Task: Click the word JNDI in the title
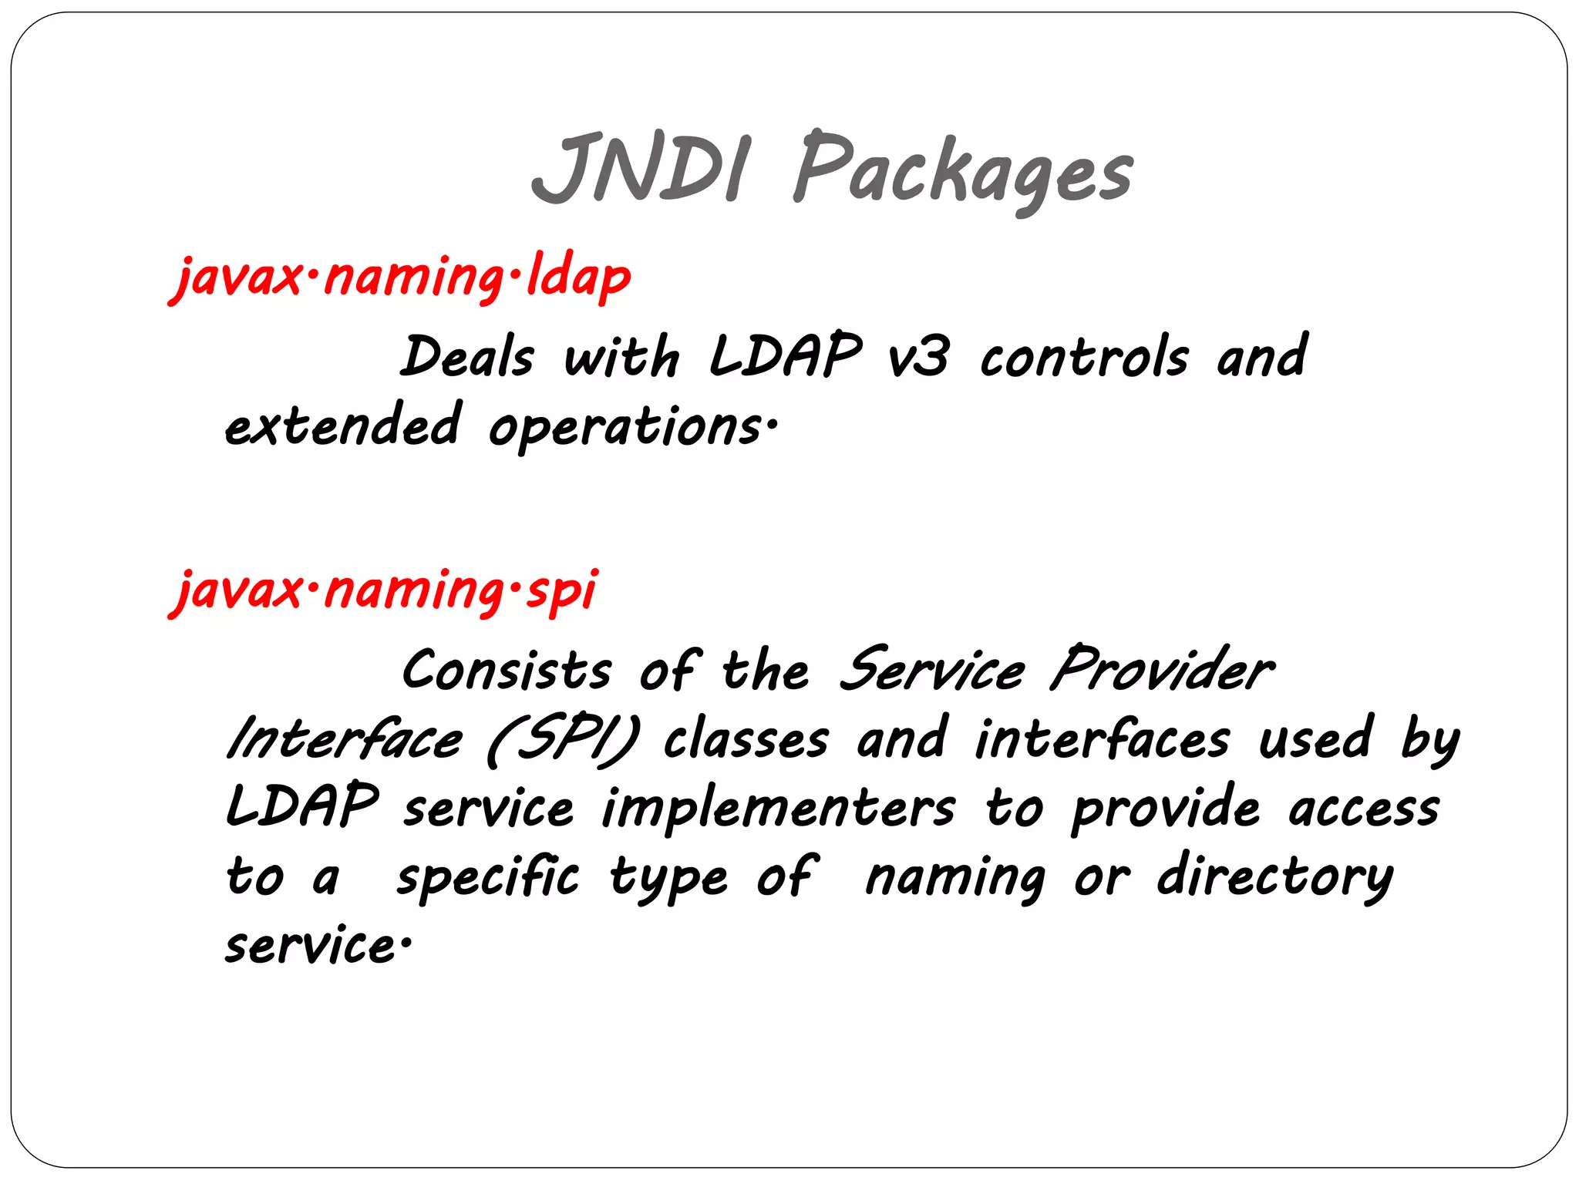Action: pyautogui.click(x=639, y=169)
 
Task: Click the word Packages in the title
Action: pyautogui.click(x=963, y=171)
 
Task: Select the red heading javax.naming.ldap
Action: pyautogui.click(x=401, y=277)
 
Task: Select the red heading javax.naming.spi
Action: pyautogui.click(x=384, y=590)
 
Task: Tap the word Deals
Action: pyautogui.click(x=467, y=358)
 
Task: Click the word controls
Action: pyautogui.click(x=1083, y=358)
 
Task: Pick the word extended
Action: pyautogui.click(x=344, y=425)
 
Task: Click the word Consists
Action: pyautogui.click(x=507, y=670)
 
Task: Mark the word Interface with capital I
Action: pyautogui.click(x=345, y=738)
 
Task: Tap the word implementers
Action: pyautogui.click(x=778, y=809)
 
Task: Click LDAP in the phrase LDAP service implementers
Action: pyautogui.click(x=302, y=806)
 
